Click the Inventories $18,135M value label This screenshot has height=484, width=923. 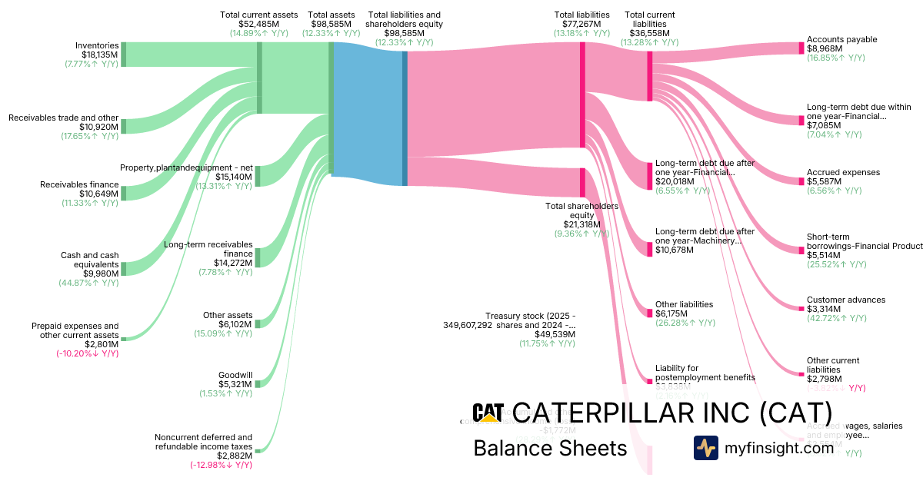click(99, 55)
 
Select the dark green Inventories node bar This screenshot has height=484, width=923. click(124, 55)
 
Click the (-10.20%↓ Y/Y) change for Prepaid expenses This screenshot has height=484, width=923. click(87, 353)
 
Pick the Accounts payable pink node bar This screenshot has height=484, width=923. click(801, 48)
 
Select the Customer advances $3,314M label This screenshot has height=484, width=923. click(845, 304)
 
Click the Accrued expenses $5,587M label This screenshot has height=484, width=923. click(843, 177)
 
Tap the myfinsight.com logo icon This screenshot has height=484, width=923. click(705, 448)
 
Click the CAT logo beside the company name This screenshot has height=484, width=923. click(488, 413)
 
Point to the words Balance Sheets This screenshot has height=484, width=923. click(550, 448)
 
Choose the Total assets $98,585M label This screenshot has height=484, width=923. click(333, 24)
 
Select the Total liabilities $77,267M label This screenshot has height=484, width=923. click(581, 24)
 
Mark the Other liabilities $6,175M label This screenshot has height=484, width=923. click(684, 309)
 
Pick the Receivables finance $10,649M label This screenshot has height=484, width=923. click(90, 189)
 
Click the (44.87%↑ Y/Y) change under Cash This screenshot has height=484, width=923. click(90, 283)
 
